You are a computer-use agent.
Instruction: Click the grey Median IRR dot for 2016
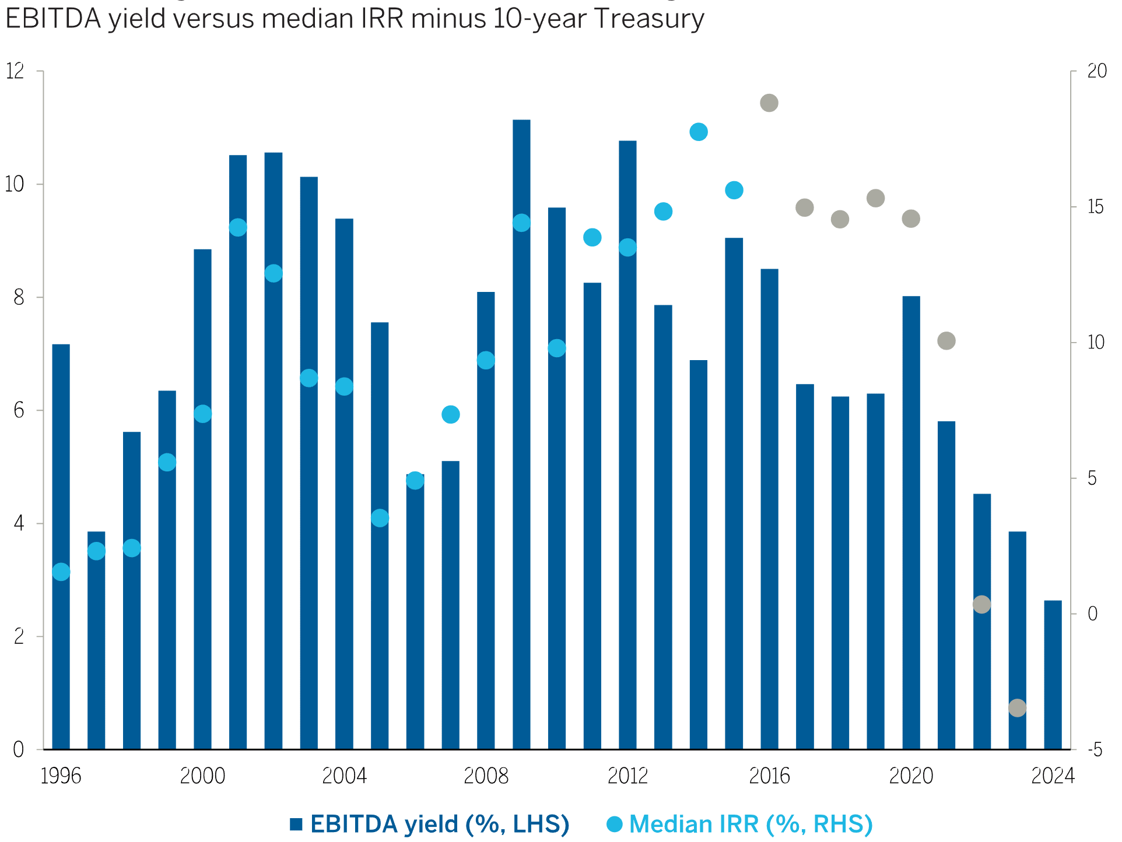click(x=769, y=103)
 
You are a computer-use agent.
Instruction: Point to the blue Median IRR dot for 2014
click(x=699, y=132)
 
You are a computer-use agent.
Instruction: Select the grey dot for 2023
click(x=1017, y=708)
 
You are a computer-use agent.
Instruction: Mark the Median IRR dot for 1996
click(x=61, y=572)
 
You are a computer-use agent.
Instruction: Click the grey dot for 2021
click(x=946, y=341)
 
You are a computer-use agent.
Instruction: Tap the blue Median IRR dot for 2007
click(x=451, y=414)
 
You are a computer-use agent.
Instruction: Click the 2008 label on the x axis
click(x=486, y=777)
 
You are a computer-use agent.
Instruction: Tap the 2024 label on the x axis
click(x=1053, y=777)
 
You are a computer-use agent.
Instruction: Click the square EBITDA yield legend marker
click(x=296, y=825)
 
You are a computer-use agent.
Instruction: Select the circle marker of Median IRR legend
click(x=615, y=825)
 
